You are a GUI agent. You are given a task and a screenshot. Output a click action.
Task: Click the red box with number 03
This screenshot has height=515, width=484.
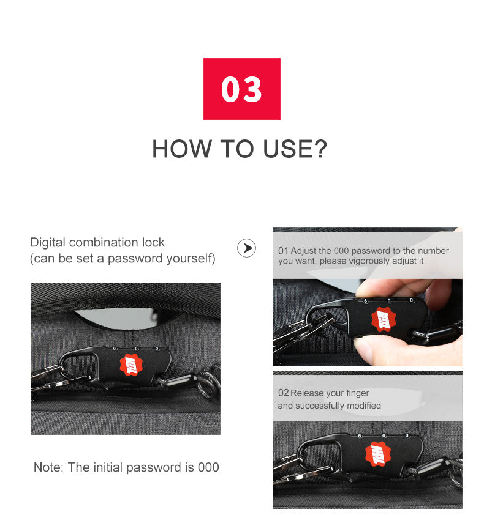pos(242,89)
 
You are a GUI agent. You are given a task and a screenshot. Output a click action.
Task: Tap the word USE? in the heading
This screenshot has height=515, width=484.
pos(295,149)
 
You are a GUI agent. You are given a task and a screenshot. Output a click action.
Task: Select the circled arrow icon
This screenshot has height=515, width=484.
pos(246,248)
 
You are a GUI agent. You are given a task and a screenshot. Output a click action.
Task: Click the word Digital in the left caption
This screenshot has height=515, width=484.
pos(48,243)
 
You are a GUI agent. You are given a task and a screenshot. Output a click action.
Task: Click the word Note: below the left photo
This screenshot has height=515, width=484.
pos(48,467)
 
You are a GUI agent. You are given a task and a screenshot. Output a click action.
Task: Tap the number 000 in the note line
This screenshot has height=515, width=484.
pos(208,467)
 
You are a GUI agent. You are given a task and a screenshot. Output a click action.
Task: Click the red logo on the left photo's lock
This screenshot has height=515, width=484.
pos(131,365)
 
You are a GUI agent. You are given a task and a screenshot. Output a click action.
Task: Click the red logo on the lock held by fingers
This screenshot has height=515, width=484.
pos(383,319)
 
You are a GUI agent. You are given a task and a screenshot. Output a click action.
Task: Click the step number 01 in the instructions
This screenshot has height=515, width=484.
pos(283,251)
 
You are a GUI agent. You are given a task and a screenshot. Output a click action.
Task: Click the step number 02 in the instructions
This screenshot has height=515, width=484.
pos(283,393)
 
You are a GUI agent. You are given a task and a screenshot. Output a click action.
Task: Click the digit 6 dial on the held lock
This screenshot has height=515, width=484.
pos(366,301)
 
